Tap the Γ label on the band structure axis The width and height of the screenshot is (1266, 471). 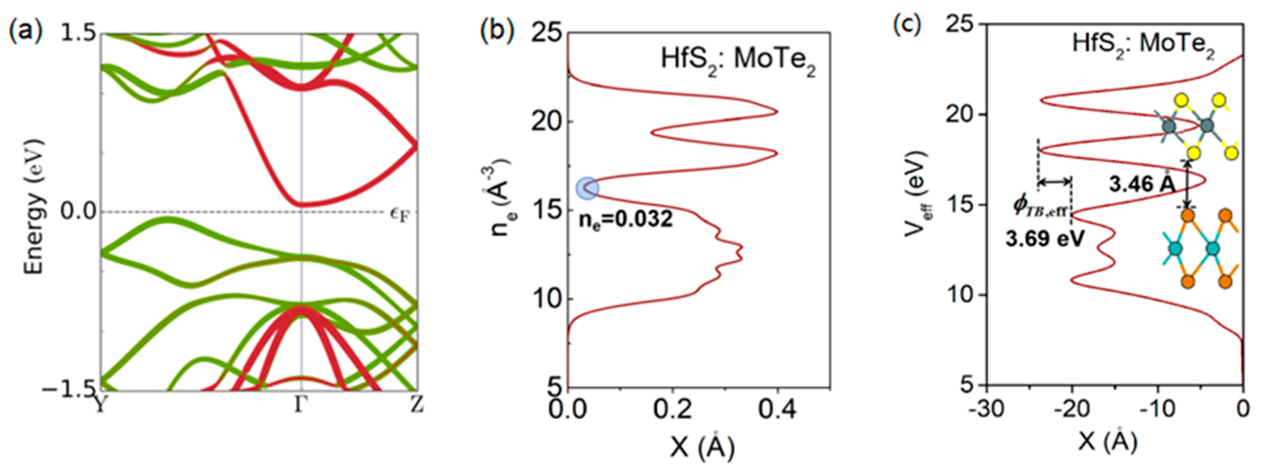click(300, 406)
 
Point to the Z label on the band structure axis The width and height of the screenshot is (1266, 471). click(417, 406)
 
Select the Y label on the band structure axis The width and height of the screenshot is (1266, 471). click(101, 406)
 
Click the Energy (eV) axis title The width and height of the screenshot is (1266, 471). click(34, 207)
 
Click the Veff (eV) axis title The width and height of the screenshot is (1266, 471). click(915, 194)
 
